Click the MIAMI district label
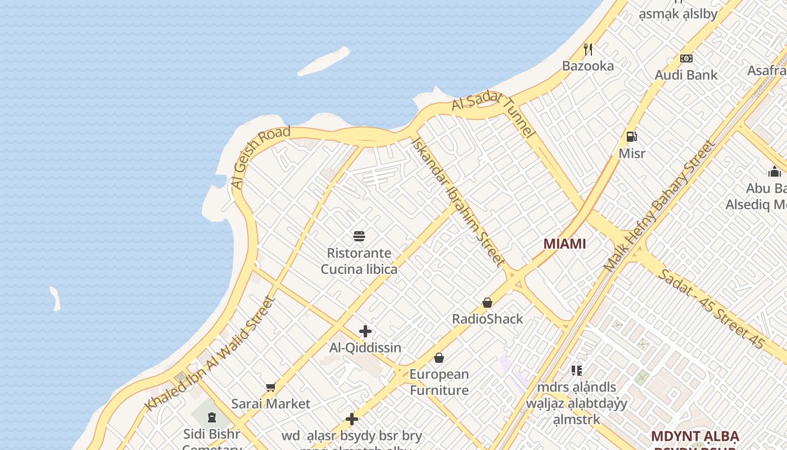pos(564,244)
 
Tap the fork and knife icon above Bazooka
pos(588,49)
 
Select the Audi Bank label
pos(686,75)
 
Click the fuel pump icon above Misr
pos(632,136)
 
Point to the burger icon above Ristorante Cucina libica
pos(359,236)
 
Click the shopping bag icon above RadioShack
pos(487,303)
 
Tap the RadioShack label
pos(487,319)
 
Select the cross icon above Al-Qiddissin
pos(365,331)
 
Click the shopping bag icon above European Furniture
pos(439,358)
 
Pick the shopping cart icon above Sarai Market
pos(270,387)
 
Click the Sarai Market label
pos(270,404)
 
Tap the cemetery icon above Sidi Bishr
pos(212,417)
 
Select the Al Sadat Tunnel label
pos(494,112)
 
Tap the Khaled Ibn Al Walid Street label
pos(211,354)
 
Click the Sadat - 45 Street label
pos(711,308)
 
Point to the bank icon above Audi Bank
pos(686,58)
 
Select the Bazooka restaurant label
pos(588,66)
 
